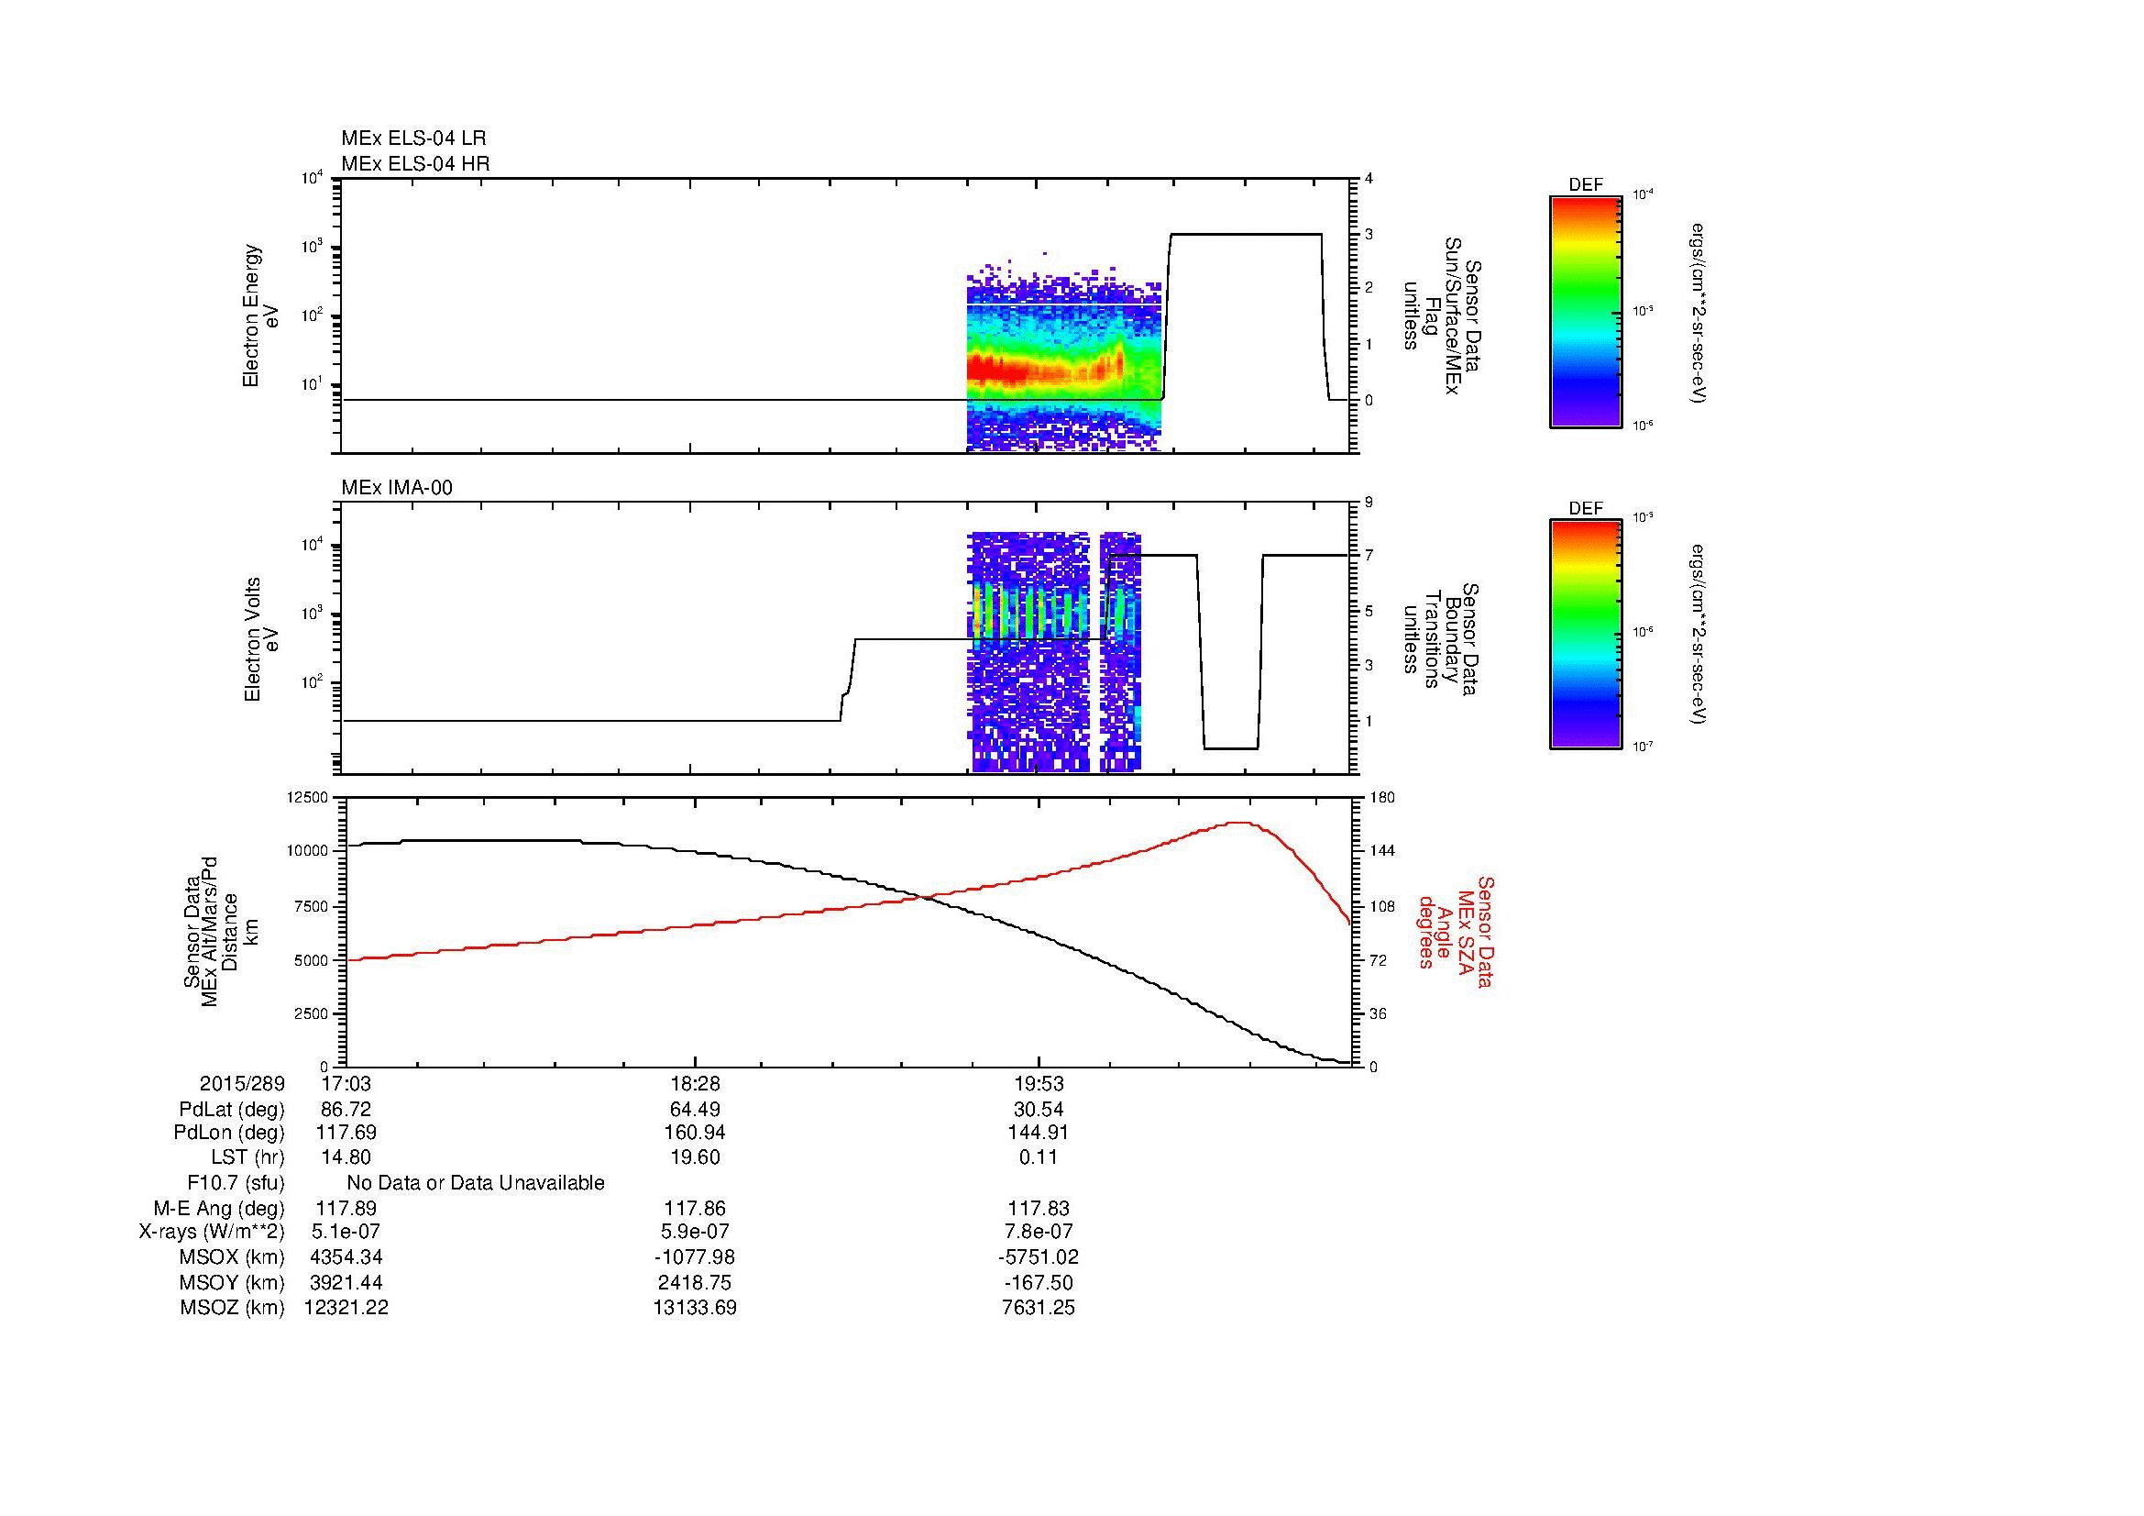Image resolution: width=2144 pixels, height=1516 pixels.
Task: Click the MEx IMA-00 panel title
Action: [397, 488]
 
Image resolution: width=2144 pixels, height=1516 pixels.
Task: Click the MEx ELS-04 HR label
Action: [415, 163]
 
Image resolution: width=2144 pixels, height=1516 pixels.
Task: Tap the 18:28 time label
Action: [694, 1083]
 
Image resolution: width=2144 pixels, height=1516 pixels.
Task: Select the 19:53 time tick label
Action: [1039, 1083]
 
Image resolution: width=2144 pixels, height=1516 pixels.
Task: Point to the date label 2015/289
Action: [242, 1083]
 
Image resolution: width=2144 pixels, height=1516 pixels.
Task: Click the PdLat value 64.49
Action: [694, 1110]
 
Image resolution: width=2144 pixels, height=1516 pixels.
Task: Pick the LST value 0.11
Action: [1039, 1157]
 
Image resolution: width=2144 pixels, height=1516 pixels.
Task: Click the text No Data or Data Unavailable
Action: [476, 1183]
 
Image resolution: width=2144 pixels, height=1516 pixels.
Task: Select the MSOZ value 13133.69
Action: [694, 1308]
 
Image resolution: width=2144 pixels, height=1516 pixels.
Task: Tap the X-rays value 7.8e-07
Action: [1039, 1232]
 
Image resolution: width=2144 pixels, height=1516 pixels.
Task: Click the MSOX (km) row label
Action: [232, 1257]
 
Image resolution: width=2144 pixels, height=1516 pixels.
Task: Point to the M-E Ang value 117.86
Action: [694, 1208]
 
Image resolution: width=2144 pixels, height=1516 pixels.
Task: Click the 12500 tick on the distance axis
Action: [308, 797]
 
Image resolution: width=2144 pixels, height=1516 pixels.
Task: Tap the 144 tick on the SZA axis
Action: [1380, 850]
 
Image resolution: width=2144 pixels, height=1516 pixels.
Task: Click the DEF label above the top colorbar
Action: [1586, 185]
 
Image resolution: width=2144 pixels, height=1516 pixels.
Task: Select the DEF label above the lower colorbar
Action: [1586, 508]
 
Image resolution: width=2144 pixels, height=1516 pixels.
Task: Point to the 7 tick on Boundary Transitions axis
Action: [1369, 555]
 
